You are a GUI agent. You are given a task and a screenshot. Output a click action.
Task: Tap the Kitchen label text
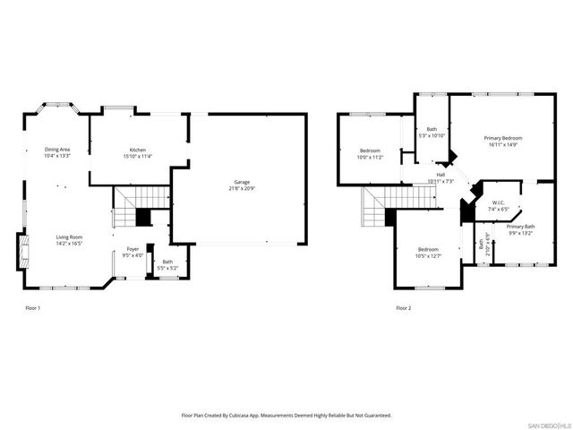pyautogui.click(x=137, y=150)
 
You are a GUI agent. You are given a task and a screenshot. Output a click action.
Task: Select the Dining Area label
pyautogui.click(x=57, y=149)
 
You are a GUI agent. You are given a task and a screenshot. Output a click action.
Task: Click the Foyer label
pyautogui.click(x=132, y=249)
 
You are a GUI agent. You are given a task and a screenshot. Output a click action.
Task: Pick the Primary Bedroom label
pyautogui.click(x=503, y=137)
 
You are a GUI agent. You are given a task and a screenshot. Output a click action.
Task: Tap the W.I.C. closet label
pyautogui.click(x=499, y=202)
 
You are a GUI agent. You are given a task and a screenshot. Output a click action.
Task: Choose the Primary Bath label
pyautogui.click(x=519, y=227)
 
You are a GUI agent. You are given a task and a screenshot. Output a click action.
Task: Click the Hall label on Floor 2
pyautogui.click(x=440, y=175)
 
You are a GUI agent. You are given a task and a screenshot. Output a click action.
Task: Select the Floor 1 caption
pyautogui.click(x=32, y=308)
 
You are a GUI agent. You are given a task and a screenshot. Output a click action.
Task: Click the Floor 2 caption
pyautogui.click(x=404, y=308)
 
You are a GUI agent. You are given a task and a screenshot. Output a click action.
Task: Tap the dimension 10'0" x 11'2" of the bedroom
pyautogui.click(x=370, y=157)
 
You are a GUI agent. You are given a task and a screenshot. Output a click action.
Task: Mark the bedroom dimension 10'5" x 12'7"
pyautogui.click(x=428, y=255)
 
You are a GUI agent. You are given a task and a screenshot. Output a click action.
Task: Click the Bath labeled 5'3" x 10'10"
pyautogui.click(x=432, y=129)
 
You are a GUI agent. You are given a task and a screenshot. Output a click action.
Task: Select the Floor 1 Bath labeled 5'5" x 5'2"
pyautogui.click(x=167, y=262)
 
